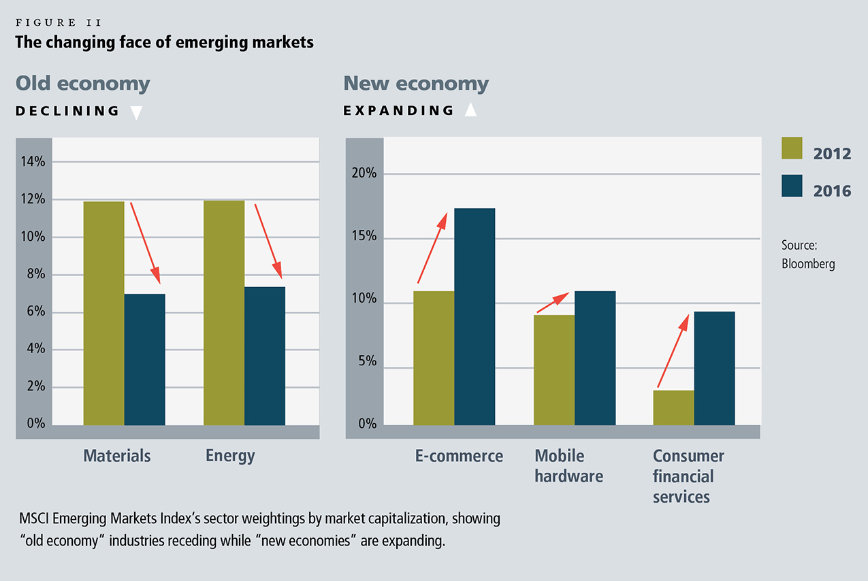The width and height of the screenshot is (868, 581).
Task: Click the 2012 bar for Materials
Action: pyautogui.click(x=103, y=313)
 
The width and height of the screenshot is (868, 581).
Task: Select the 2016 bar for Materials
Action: pyautogui.click(x=144, y=359)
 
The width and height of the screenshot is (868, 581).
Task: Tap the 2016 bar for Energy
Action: pyautogui.click(x=265, y=356)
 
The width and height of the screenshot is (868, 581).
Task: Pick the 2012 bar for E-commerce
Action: pyautogui.click(x=434, y=358)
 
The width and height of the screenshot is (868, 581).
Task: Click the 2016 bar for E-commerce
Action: pyautogui.click(x=475, y=316)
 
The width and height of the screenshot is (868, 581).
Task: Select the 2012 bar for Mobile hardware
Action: pyautogui.click(x=553, y=369)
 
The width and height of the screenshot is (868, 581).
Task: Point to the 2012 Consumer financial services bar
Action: pyautogui.click(x=673, y=408)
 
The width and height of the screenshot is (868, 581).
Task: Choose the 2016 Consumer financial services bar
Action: pyautogui.click(x=714, y=368)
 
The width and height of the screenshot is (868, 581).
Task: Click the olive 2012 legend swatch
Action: pyautogui.click(x=792, y=149)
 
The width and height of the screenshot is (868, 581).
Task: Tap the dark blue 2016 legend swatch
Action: pyautogui.click(x=792, y=186)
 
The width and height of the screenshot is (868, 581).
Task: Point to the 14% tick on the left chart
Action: pyautogui.click(x=32, y=162)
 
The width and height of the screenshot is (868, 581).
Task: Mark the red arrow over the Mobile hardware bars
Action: pyautogui.click(x=553, y=303)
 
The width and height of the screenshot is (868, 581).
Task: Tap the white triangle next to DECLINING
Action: pyautogui.click(x=136, y=112)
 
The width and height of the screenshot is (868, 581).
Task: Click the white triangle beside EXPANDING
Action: pyautogui.click(x=470, y=110)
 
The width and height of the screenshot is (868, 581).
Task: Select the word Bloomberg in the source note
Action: pyautogui.click(x=808, y=263)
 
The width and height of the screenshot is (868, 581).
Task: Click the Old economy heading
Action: pyautogui.click(x=83, y=84)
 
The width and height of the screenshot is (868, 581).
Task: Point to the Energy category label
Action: pyautogui.click(x=230, y=455)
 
